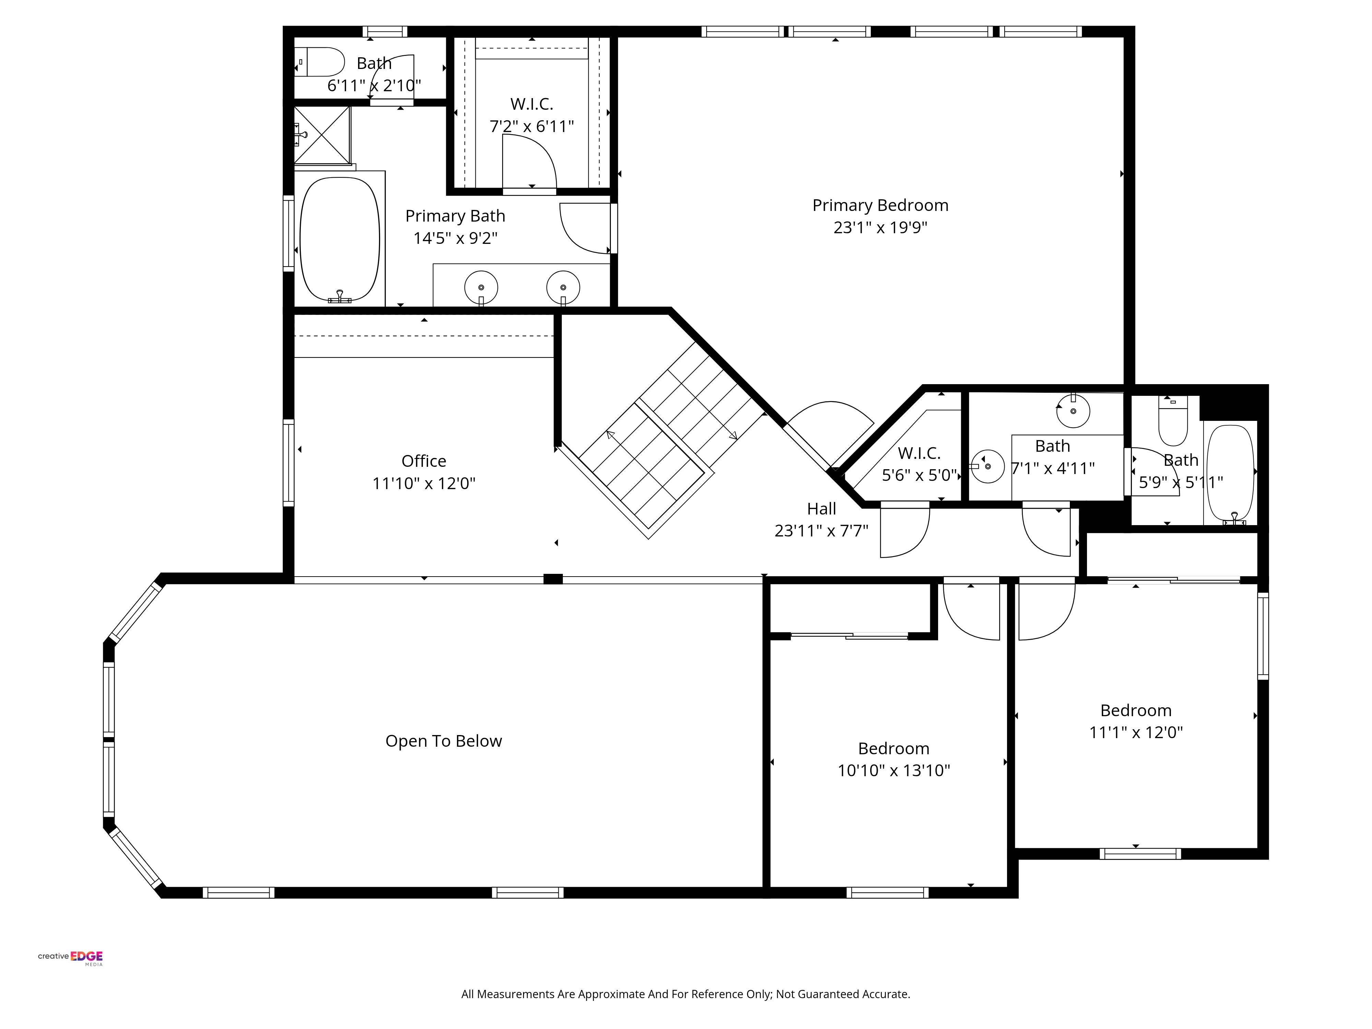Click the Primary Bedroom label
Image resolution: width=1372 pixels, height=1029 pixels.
pyautogui.click(x=880, y=205)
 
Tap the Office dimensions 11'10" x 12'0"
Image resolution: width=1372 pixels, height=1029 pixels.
pyautogui.click(x=424, y=483)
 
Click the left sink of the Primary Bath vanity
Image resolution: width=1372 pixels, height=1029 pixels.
pyautogui.click(x=481, y=287)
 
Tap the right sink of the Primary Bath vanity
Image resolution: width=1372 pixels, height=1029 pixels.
pyautogui.click(x=563, y=287)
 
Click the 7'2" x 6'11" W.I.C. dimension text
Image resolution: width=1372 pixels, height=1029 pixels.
pyautogui.click(x=532, y=127)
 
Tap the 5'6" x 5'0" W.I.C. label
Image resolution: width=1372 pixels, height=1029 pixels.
pyautogui.click(x=919, y=453)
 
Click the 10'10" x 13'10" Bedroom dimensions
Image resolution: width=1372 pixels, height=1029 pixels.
pyautogui.click(x=894, y=770)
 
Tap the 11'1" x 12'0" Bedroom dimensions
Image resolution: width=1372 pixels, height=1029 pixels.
pyautogui.click(x=1136, y=733)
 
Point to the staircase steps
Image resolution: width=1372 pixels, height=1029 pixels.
pyautogui.click(x=672, y=440)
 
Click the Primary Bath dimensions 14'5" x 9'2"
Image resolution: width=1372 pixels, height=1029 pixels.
pyautogui.click(x=455, y=238)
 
